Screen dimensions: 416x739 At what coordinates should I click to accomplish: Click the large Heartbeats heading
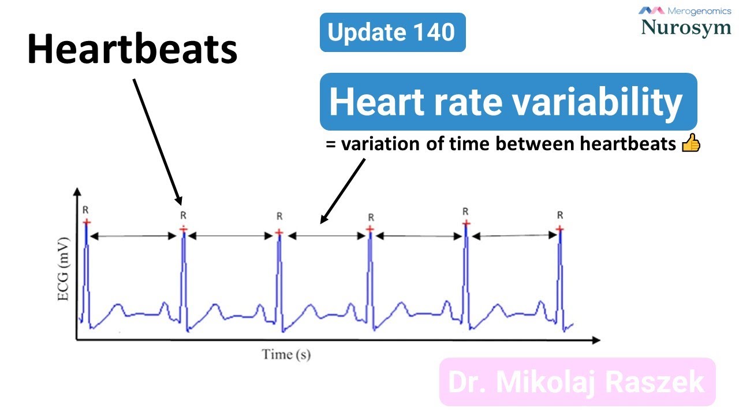coord(132,49)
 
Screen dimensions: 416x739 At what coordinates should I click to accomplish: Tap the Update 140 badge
coord(392,32)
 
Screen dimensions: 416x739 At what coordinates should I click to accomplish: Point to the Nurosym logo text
coord(686,27)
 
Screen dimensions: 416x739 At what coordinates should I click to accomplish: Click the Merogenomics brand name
coord(699,10)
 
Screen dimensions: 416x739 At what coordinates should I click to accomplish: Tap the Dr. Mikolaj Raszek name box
coord(577,382)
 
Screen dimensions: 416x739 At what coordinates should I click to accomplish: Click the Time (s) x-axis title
coord(286,354)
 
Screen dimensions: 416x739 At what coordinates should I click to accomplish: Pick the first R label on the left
coord(86,210)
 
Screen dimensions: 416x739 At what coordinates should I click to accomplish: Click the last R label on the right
coord(559,215)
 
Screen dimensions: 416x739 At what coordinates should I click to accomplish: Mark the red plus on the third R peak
coord(279,232)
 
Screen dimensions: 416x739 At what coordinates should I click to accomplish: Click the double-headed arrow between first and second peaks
coord(134,236)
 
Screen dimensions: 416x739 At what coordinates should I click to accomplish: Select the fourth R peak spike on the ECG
coord(370,277)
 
